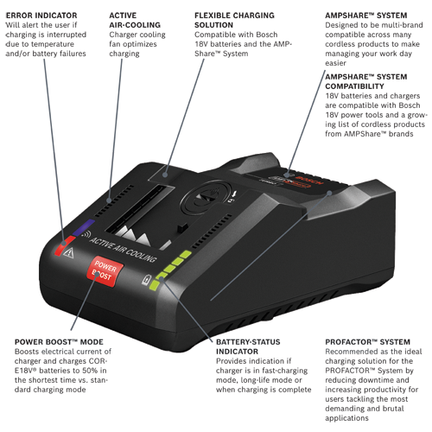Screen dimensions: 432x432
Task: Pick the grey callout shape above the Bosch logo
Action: click(299, 99)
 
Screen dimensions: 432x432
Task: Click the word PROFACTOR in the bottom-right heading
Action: click(346, 342)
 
